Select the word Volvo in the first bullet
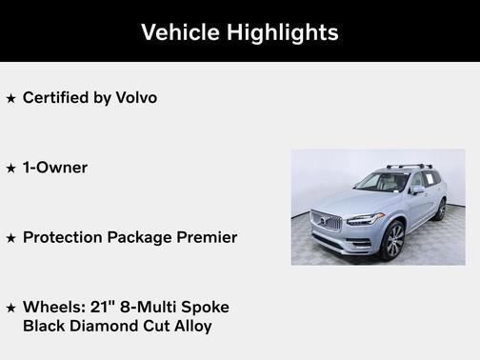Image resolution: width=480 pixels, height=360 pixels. point(136,97)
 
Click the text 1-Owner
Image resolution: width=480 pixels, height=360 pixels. point(55,167)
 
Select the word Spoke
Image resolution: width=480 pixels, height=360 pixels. point(205,307)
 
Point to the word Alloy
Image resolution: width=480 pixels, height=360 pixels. point(190,326)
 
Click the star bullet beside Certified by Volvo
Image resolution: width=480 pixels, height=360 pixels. point(10,98)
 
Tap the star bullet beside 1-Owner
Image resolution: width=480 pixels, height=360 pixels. point(10,168)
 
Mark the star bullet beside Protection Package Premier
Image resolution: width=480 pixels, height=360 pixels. point(10,238)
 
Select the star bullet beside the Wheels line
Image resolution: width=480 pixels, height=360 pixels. point(10,308)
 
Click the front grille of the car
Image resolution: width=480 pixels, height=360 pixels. point(326,225)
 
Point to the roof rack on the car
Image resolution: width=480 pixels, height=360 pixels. point(407,167)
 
